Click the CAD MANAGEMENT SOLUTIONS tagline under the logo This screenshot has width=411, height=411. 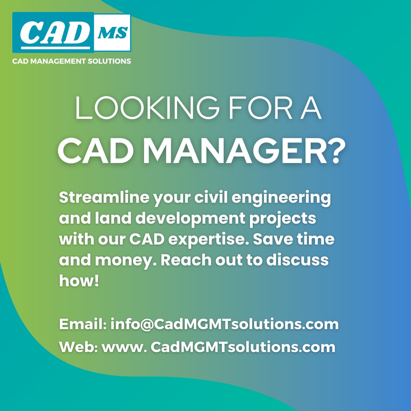coord(72,61)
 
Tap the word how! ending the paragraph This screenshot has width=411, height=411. coord(79,281)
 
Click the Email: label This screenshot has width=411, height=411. coord(83,324)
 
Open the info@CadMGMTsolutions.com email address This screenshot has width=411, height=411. coord(224,324)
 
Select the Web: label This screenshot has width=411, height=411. coord(79,347)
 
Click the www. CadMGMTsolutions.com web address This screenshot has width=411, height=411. coord(219,347)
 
